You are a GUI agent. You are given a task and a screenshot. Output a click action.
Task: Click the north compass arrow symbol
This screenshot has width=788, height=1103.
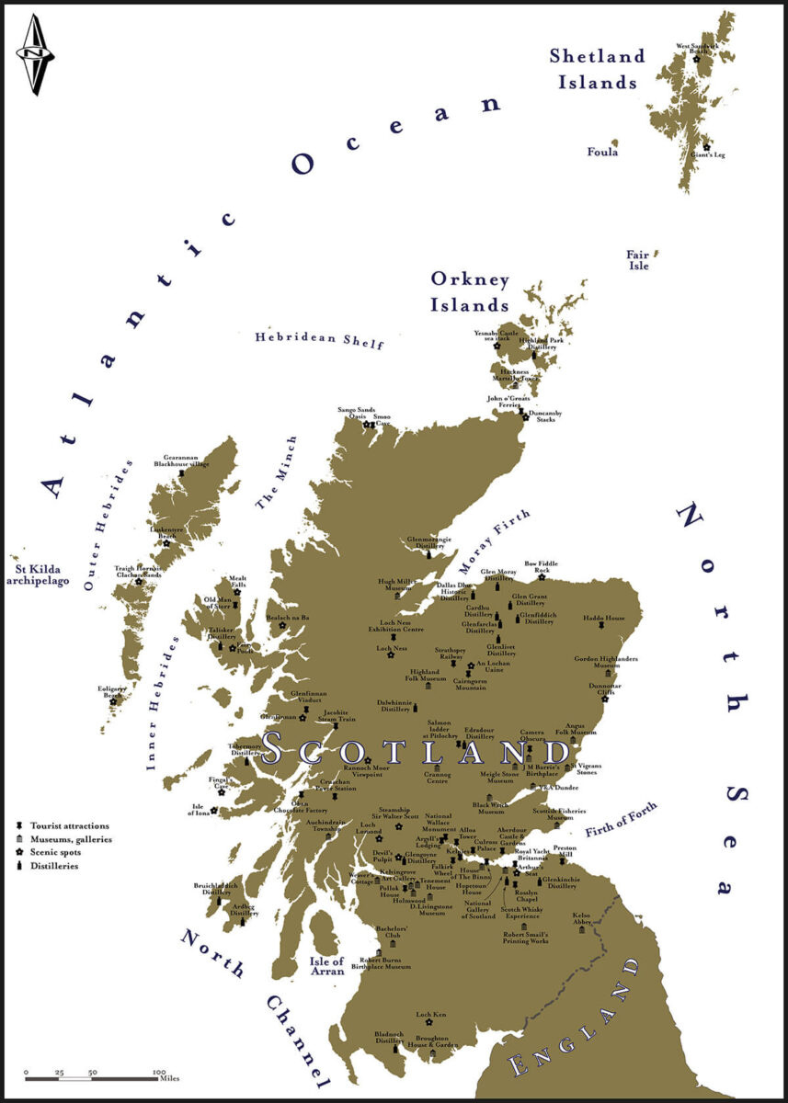35,55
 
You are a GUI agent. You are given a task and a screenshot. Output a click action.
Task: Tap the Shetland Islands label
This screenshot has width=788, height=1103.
597,69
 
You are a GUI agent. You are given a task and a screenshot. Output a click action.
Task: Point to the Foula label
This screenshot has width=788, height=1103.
602,152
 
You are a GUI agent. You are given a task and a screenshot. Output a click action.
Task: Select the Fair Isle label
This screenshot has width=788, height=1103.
638,260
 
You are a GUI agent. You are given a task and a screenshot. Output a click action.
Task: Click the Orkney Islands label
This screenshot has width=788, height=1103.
469,290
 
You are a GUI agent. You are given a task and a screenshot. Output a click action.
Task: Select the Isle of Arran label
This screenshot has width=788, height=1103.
326,967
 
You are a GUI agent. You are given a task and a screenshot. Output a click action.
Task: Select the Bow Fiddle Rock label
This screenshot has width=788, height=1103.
542,566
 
